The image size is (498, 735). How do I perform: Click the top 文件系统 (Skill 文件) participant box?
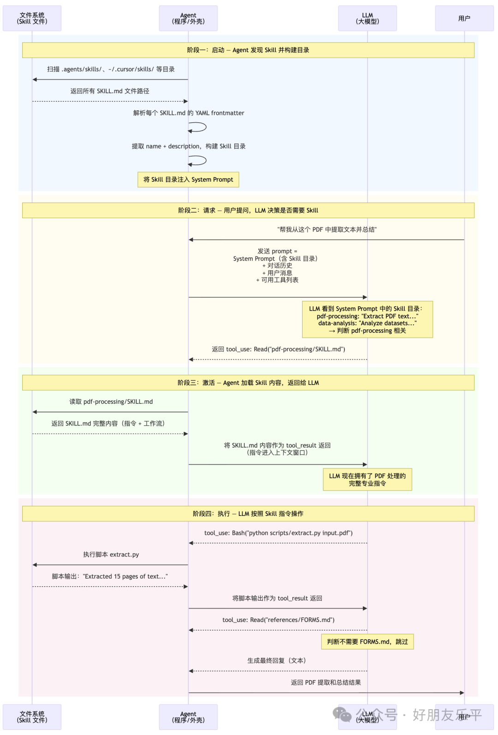32,18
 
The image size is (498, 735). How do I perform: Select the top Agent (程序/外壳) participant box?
188,18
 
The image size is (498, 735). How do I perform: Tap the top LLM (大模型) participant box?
367,18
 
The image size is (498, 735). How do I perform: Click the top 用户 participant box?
464,18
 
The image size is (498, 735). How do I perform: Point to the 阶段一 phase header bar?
248,50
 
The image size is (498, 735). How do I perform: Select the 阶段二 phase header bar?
248,210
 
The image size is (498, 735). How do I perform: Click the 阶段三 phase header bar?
248,382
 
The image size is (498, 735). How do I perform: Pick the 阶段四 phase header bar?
248,514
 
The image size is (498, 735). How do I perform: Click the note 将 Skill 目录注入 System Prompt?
188,179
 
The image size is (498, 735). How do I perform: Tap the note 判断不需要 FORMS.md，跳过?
367,642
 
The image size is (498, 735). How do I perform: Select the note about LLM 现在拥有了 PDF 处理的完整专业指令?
367,479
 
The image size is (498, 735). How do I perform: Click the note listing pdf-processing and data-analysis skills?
367,319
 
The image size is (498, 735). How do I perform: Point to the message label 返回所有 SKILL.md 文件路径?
110,91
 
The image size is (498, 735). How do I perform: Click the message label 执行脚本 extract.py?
111,555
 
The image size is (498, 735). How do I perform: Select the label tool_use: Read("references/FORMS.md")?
278,620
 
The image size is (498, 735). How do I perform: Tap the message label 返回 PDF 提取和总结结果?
326,682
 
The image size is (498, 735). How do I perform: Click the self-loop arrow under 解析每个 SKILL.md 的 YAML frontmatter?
198,127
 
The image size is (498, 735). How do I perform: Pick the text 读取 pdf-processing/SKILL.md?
111,402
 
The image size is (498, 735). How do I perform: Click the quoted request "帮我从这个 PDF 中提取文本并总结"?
327,230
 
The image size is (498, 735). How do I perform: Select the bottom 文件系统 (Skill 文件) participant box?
32,717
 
